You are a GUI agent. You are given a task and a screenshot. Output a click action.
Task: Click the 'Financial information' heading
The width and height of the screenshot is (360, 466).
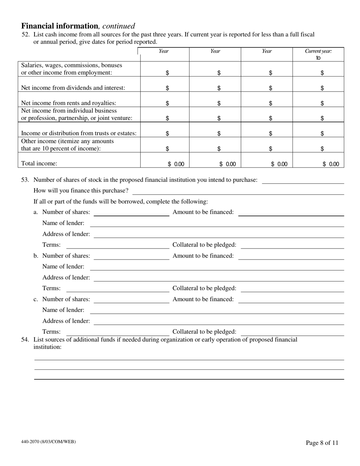(59, 26)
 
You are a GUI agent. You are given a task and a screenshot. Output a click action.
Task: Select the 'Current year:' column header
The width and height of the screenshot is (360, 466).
(318, 51)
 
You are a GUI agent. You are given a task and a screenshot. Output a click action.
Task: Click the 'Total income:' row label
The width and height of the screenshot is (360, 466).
(39, 163)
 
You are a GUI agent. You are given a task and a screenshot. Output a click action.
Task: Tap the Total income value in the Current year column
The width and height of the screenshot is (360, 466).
(331, 164)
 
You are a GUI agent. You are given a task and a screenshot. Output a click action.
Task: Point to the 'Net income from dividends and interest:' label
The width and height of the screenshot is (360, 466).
(73, 88)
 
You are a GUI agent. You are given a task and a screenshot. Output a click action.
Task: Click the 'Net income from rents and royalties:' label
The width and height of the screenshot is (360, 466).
(69, 103)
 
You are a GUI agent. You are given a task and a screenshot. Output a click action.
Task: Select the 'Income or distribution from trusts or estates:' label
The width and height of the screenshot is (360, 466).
(78, 133)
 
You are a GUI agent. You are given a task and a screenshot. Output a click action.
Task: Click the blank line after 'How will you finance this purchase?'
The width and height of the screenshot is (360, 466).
(238, 191)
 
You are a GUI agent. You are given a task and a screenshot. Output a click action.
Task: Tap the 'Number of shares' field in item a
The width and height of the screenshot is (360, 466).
(131, 212)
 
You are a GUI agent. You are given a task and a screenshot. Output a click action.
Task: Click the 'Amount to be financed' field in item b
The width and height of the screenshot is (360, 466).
(291, 256)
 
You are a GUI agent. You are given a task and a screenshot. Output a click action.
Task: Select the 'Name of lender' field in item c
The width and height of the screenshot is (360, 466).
(216, 310)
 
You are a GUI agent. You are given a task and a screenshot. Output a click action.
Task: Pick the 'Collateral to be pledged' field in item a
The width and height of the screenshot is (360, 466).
(292, 245)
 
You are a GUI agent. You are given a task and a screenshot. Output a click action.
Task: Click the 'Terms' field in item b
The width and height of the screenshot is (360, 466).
(117, 289)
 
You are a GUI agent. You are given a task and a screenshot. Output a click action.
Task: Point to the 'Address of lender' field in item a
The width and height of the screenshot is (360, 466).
(218, 234)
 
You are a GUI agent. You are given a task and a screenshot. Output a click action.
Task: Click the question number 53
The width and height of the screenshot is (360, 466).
(25, 180)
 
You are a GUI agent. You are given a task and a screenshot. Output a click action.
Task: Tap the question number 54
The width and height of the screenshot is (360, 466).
(25, 339)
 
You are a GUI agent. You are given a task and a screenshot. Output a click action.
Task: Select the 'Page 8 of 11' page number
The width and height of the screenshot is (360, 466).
(322, 443)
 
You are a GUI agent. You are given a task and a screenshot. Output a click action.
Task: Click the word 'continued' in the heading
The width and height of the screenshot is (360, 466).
(118, 26)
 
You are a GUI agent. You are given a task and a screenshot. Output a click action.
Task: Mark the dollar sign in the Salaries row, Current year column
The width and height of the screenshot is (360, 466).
(322, 73)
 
